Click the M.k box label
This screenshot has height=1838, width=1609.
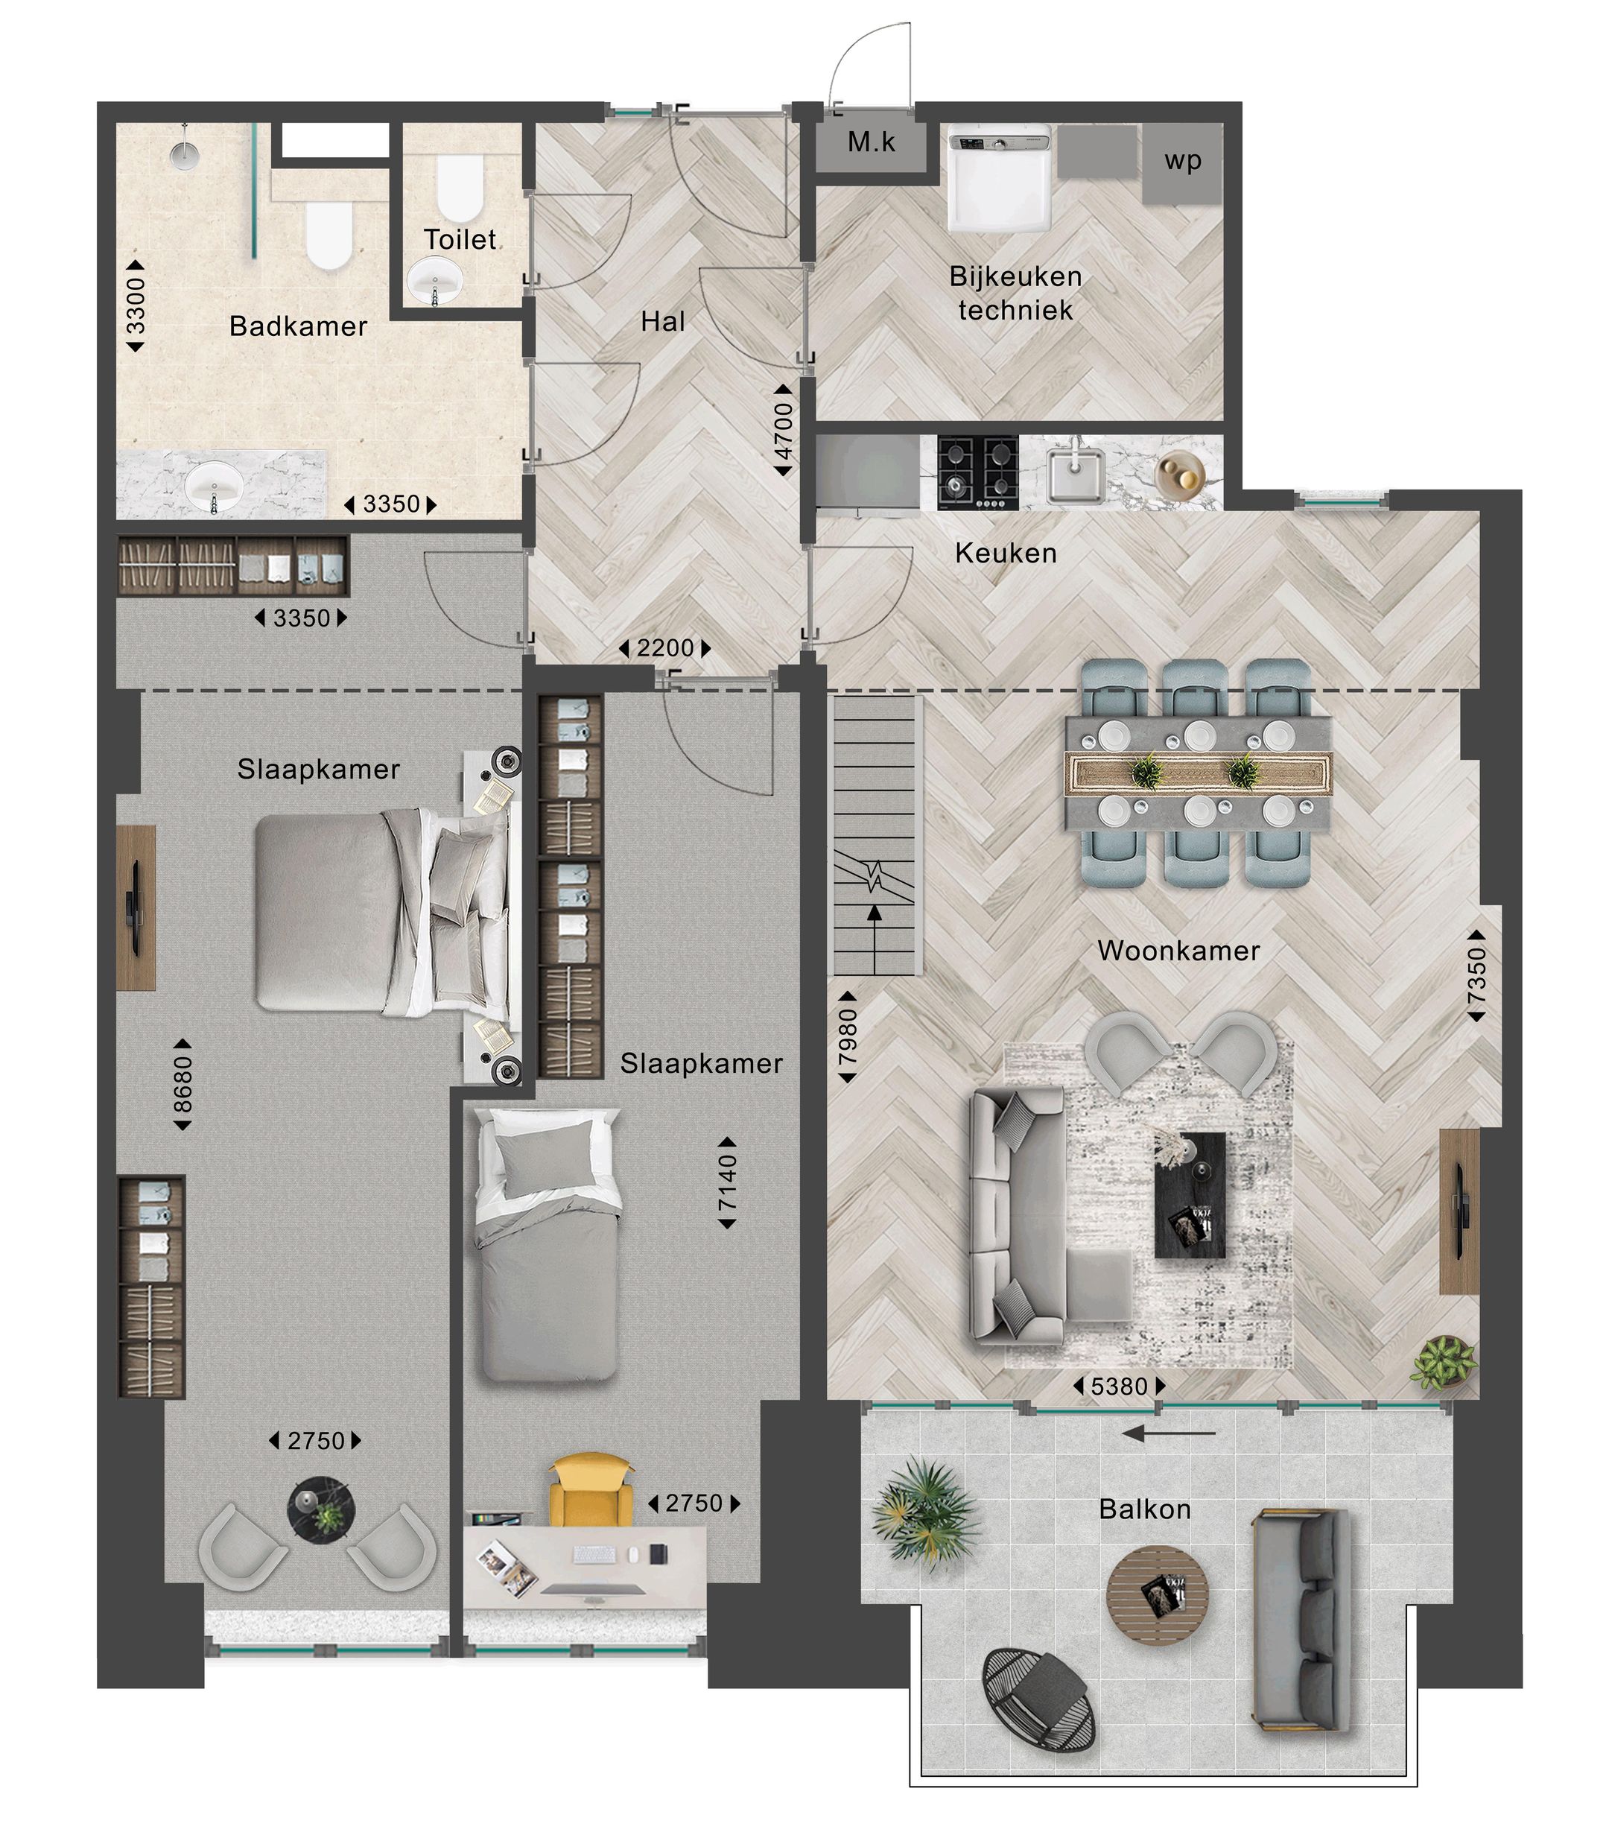pyautogui.click(x=871, y=142)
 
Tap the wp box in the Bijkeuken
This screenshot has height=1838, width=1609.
pyautogui.click(x=1182, y=162)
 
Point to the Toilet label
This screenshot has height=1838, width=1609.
pyautogui.click(x=460, y=240)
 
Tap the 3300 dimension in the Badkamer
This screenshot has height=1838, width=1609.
pyautogui.click(x=136, y=306)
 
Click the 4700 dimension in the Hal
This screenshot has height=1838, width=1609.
pyautogui.click(x=783, y=431)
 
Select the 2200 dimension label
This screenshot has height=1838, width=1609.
pyautogui.click(x=665, y=648)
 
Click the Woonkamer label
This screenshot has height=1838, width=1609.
pyautogui.click(x=1178, y=951)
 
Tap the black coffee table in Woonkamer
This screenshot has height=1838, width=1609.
pyautogui.click(x=1190, y=1194)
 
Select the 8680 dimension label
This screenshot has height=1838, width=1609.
pyautogui.click(x=183, y=1084)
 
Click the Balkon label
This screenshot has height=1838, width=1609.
pyautogui.click(x=1145, y=1509)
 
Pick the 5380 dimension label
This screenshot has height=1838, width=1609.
pyautogui.click(x=1119, y=1387)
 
